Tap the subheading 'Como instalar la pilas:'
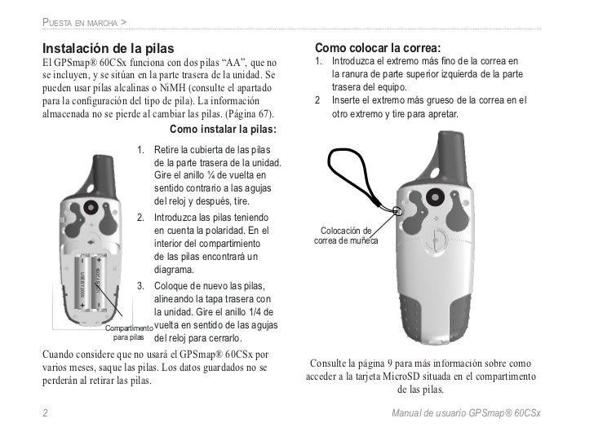[x=221, y=129]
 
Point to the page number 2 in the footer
[x=44, y=414]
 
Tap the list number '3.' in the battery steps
[x=140, y=285]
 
